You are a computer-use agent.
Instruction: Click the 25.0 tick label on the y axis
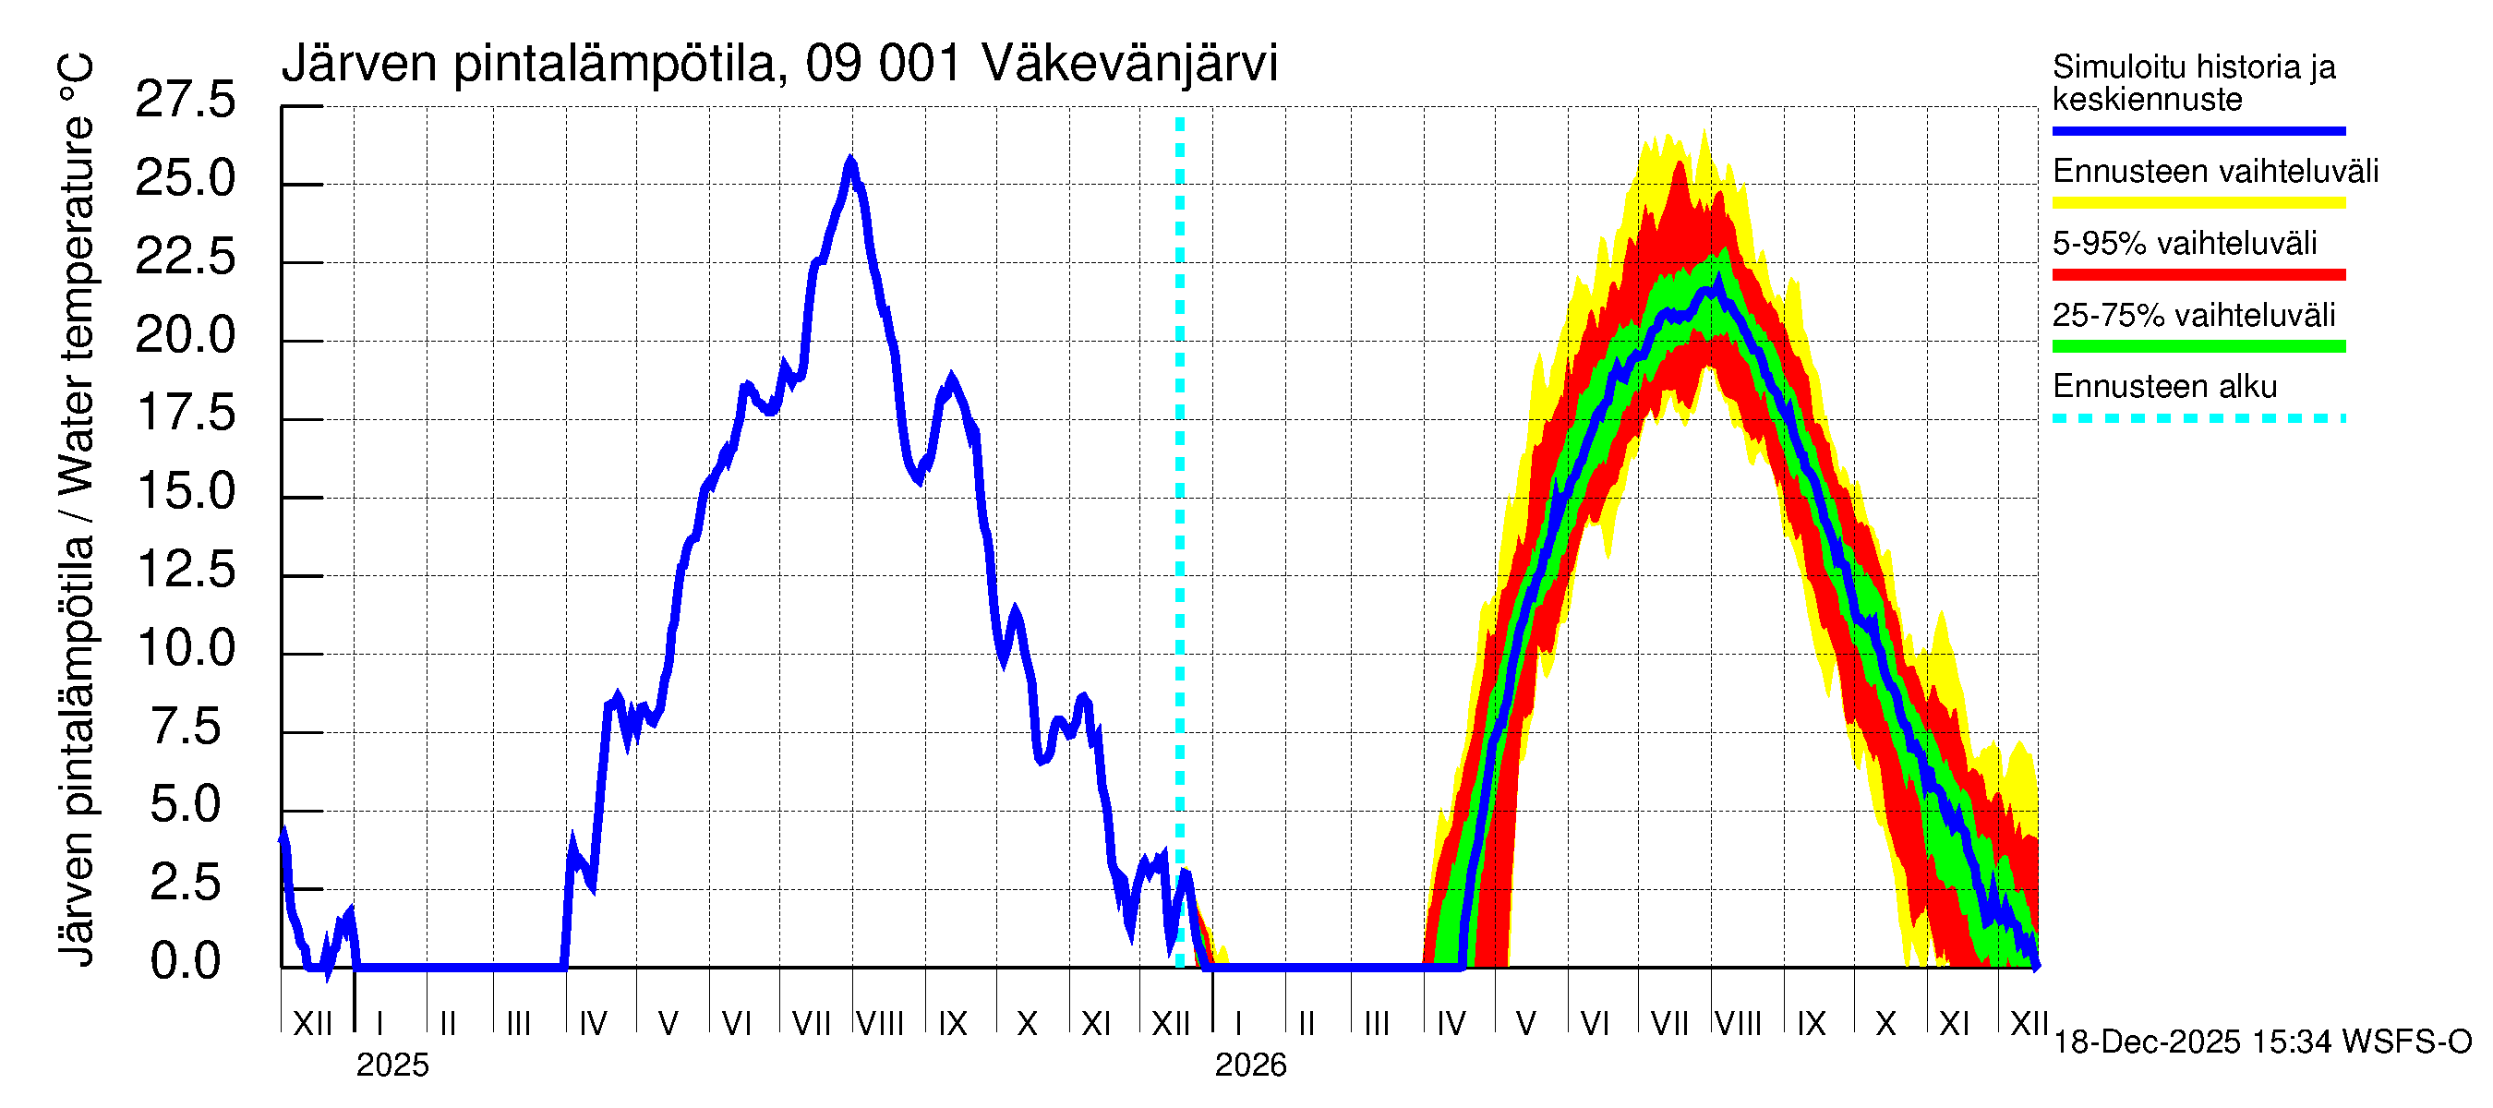coord(185,179)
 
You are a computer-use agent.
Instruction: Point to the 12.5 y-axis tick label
coord(185,570)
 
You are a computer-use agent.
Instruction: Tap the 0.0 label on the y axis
coord(185,962)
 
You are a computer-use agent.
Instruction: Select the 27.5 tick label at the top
coord(185,101)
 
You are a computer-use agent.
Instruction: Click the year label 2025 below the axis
coord(391,1066)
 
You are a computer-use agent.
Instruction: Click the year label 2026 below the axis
coord(1250,1066)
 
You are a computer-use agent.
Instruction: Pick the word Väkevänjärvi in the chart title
coord(1129,64)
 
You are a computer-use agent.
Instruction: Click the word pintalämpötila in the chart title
coord(615,64)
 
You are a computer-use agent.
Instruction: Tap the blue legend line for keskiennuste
coord(2198,130)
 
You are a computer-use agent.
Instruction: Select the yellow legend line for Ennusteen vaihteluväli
coord(2198,203)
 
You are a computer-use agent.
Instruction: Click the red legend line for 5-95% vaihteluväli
coord(2198,275)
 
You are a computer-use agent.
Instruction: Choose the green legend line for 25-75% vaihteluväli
coord(2198,346)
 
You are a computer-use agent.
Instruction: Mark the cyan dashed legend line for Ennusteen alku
coord(2198,419)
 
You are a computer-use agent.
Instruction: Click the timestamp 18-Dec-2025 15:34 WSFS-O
coord(2261,1042)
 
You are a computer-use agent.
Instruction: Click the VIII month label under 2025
coord(880,1024)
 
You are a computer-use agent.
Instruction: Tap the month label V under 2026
coord(1526,1024)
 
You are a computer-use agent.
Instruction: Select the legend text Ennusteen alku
coord(2165,387)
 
